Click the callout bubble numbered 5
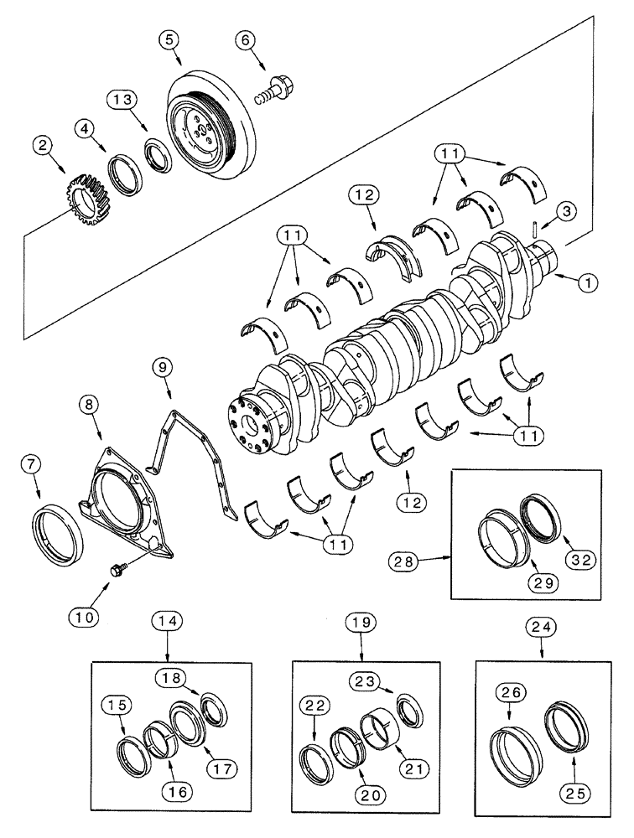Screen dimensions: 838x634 pyautogui.click(x=172, y=38)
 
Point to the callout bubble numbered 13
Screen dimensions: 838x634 pyautogui.click(x=120, y=101)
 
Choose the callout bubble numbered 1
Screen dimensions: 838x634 pyautogui.click(x=587, y=283)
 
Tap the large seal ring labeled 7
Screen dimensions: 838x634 pyautogui.click(x=57, y=532)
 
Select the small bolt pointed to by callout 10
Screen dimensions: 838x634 pyautogui.click(x=117, y=570)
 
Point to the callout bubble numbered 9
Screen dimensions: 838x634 pyautogui.click(x=164, y=367)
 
